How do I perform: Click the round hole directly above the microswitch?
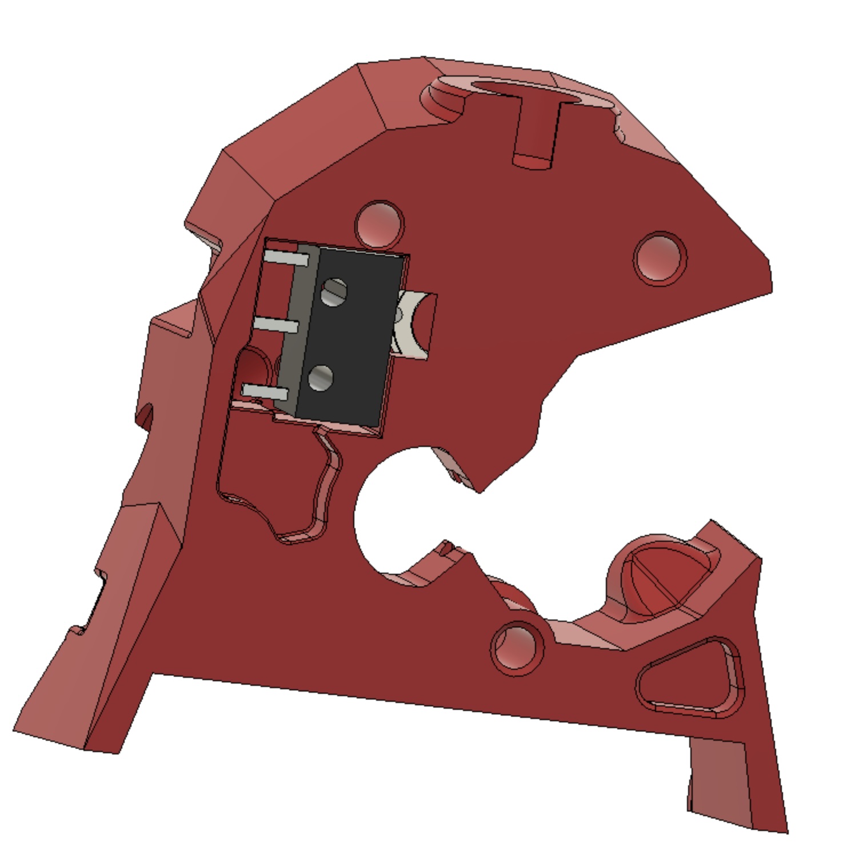(379, 223)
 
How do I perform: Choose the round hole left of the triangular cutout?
(518, 648)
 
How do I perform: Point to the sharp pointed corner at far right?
(769, 274)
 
